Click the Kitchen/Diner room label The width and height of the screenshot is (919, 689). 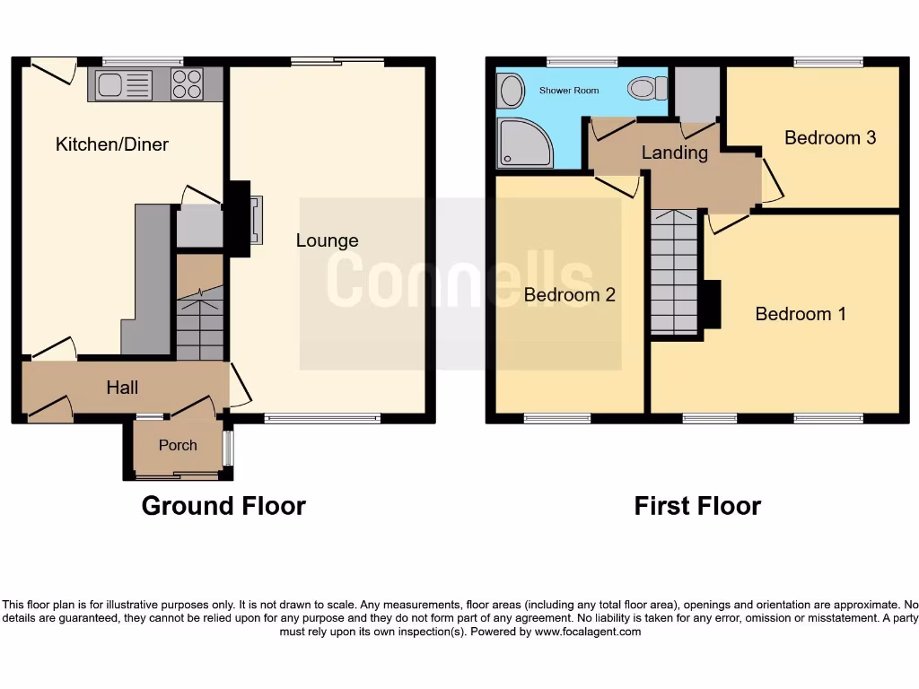click(112, 144)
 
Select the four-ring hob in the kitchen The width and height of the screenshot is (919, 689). click(187, 84)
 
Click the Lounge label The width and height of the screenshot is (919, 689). click(328, 240)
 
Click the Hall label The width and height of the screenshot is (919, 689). click(122, 388)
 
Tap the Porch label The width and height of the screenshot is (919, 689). click(178, 445)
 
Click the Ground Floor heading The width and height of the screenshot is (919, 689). click(223, 506)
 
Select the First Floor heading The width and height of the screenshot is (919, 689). click(697, 506)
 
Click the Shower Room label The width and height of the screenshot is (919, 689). click(569, 91)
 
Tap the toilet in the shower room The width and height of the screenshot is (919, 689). click(647, 88)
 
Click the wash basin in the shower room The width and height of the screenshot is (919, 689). click(511, 91)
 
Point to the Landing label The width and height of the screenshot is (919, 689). click(674, 153)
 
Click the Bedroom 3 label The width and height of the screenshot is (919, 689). click(830, 137)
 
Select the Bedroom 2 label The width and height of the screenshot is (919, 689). click(570, 294)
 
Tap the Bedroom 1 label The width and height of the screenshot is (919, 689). click(801, 314)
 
